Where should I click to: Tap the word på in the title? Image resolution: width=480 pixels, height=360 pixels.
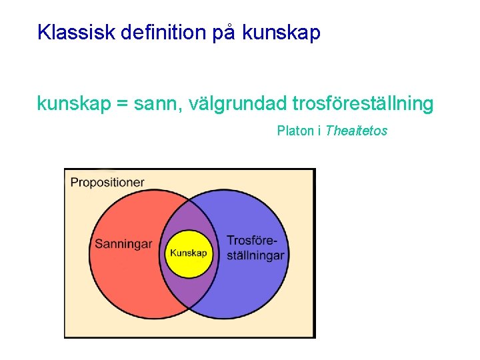coord(224,33)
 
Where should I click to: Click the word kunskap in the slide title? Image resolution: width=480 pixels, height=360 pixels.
coord(282,33)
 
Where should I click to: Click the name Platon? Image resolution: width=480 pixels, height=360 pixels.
coord(295,131)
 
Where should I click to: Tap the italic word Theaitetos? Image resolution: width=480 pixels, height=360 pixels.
coord(356,131)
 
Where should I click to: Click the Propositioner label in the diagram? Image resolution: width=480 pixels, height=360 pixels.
coord(107,182)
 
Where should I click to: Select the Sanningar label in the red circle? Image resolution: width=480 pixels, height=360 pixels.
coord(123,244)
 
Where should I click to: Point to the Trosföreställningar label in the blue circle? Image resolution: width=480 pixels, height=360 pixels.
coord(255,247)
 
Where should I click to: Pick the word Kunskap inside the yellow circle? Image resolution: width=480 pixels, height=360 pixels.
coord(189,253)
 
